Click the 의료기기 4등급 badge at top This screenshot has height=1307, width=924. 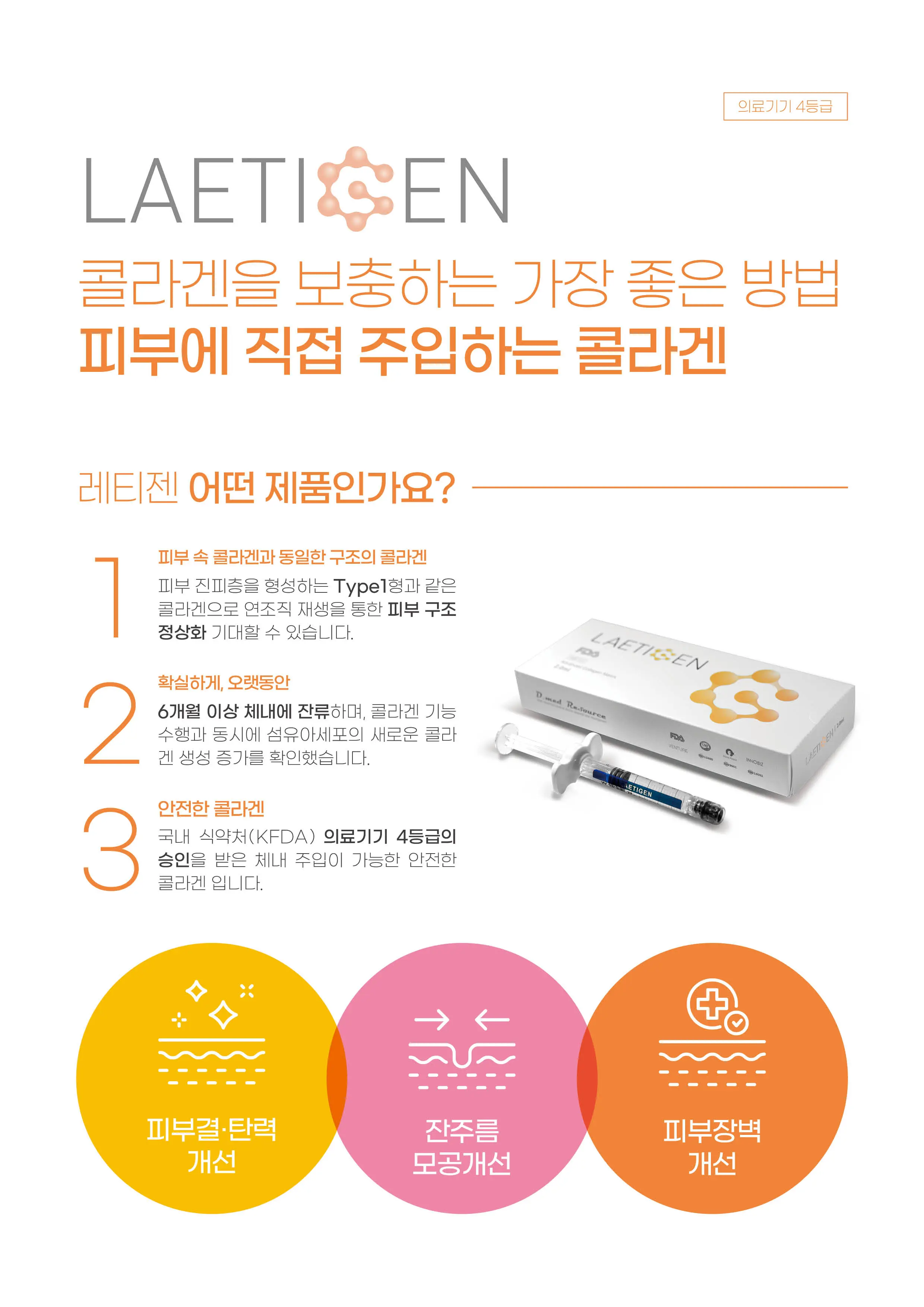pyautogui.click(x=785, y=107)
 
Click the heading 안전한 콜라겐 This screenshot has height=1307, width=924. pyautogui.click(x=211, y=808)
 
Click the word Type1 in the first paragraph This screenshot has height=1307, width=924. pyautogui.click(x=360, y=586)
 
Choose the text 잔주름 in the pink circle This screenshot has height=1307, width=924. pyautogui.click(x=462, y=1130)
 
